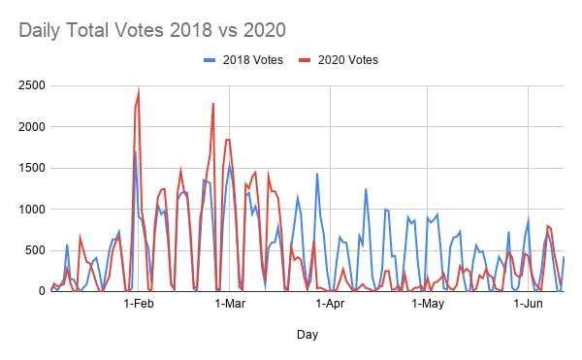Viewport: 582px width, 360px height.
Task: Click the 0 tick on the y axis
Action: point(39,290)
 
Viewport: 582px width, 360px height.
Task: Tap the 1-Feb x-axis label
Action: point(140,305)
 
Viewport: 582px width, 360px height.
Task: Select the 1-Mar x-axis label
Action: point(230,305)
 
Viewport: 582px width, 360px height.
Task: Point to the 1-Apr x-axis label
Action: point(331,305)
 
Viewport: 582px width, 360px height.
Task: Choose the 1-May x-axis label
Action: point(428,305)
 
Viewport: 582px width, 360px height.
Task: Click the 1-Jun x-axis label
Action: point(528,305)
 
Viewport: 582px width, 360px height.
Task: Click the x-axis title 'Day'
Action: point(307,335)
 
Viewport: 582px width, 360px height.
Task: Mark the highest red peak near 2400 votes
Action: point(139,93)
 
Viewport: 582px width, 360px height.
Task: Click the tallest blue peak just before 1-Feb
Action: point(135,151)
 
